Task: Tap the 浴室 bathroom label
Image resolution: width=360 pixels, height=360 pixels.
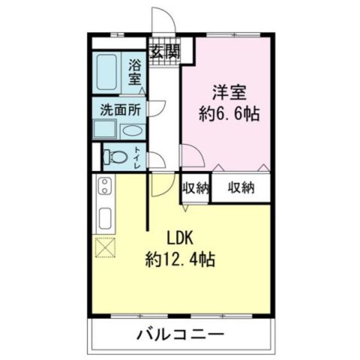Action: click(x=136, y=72)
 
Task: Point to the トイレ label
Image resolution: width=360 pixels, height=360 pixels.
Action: click(x=137, y=157)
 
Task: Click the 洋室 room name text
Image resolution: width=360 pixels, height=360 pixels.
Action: click(x=229, y=92)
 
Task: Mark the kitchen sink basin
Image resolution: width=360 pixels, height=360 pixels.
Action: click(x=105, y=217)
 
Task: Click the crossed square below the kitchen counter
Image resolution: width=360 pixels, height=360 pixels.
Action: click(x=105, y=247)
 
